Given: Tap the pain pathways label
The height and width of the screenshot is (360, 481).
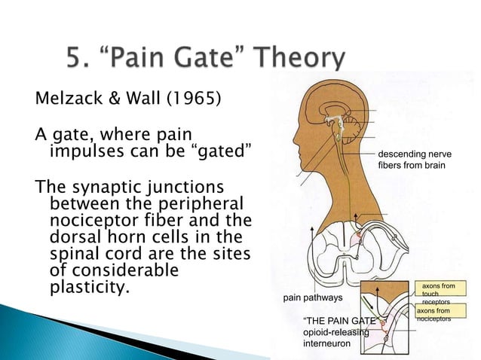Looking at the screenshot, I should [x=313, y=297].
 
